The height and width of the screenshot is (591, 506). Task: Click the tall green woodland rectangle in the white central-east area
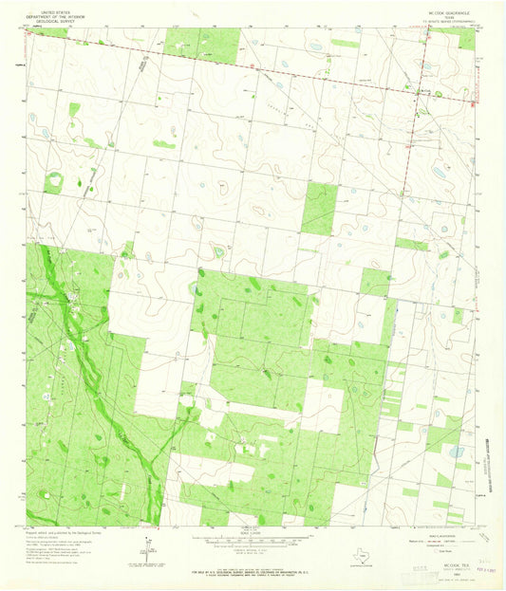pyautogui.click(x=319, y=210)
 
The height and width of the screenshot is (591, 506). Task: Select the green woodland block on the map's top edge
pyautogui.click(x=200, y=43)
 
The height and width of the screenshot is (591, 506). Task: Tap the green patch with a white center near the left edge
pyautogui.click(x=53, y=180)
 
